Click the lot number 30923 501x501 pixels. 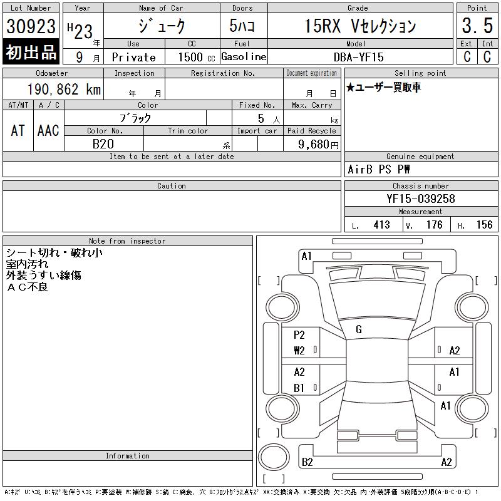[x=31, y=26]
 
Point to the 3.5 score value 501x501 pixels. [x=477, y=26]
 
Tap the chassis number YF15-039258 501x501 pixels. [x=420, y=199]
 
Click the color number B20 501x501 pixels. [x=103, y=144]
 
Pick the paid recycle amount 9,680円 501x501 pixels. [x=312, y=144]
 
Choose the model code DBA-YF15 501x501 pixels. [x=358, y=56]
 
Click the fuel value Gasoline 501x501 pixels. [x=244, y=56]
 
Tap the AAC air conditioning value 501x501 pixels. [x=48, y=130]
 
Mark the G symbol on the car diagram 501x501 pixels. [x=359, y=329]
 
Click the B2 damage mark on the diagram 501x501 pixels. [x=307, y=462]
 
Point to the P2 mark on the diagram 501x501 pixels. [x=299, y=335]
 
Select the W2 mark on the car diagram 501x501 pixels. [x=299, y=351]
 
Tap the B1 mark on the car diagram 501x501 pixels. [x=299, y=388]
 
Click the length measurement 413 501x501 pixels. [x=381, y=225]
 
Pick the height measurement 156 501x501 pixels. [x=484, y=225]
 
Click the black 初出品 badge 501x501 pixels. [x=31, y=52]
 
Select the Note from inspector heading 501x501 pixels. [x=127, y=241]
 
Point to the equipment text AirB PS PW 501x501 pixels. [x=379, y=170]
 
